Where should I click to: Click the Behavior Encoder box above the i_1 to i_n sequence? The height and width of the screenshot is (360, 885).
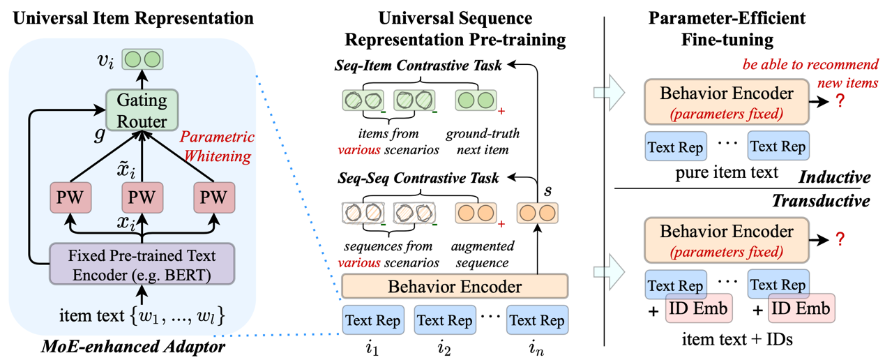point(454,286)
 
